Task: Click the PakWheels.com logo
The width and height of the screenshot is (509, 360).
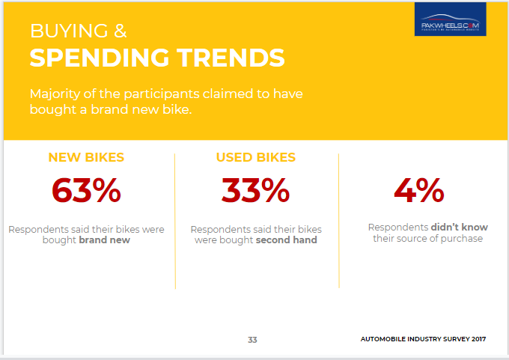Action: coord(451,19)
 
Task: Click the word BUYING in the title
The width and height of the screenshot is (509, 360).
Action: coord(69,31)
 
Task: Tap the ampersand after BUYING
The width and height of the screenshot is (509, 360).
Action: coord(120,31)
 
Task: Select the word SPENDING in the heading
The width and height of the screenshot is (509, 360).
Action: coord(100,58)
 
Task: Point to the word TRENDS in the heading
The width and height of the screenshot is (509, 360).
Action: coord(231,58)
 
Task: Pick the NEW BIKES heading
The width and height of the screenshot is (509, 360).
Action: coord(86,157)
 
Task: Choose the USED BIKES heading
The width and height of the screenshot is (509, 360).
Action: coord(256,157)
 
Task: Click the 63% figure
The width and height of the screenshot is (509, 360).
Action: coord(86,190)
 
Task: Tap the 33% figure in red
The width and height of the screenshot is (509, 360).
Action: coord(255,190)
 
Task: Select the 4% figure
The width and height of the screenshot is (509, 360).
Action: coord(418,190)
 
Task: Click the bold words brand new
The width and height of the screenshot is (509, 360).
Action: coord(105,240)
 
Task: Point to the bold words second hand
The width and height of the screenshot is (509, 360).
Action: coord(286,240)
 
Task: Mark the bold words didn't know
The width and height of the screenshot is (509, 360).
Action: coord(460,228)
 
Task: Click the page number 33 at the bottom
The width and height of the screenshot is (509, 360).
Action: coord(252,340)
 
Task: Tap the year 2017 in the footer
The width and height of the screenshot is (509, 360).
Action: coord(479,339)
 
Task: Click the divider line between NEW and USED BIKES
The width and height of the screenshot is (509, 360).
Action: coord(175,221)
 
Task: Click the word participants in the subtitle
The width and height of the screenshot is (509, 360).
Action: coord(162,94)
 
